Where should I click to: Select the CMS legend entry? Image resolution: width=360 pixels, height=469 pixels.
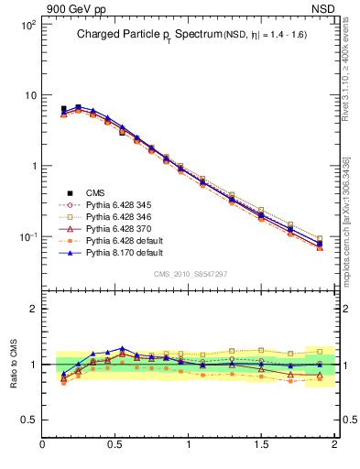tap(95, 192)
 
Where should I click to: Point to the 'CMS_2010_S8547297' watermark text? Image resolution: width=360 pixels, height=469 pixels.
tap(190, 274)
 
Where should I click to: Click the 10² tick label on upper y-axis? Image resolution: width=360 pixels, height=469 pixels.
tap(27, 25)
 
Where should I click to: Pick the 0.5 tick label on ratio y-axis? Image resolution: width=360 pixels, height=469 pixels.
tap(28, 420)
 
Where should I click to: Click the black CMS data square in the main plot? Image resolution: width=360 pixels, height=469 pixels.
tap(63, 109)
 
